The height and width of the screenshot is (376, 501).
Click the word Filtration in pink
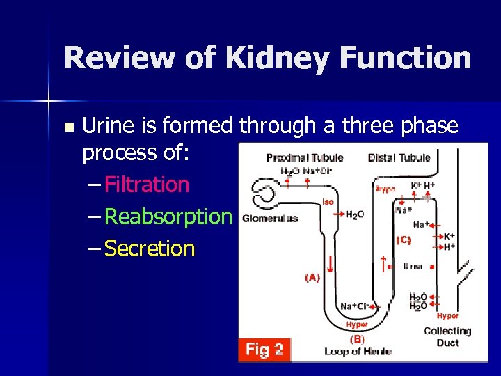tap(147, 185)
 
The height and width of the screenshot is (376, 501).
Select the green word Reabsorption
tap(167, 217)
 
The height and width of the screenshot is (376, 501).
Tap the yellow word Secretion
tap(150, 249)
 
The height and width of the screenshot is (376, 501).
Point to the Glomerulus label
tap(270, 218)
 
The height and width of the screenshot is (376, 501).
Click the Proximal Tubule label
tap(305, 157)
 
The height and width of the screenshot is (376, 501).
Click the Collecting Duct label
tap(447, 337)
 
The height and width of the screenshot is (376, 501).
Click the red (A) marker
tap(312, 277)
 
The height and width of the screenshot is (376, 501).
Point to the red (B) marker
tap(357, 339)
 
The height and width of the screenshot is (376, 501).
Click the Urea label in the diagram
tap(412, 267)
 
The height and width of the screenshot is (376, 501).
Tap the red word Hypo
tap(387, 188)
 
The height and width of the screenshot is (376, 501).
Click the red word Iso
tap(328, 202)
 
